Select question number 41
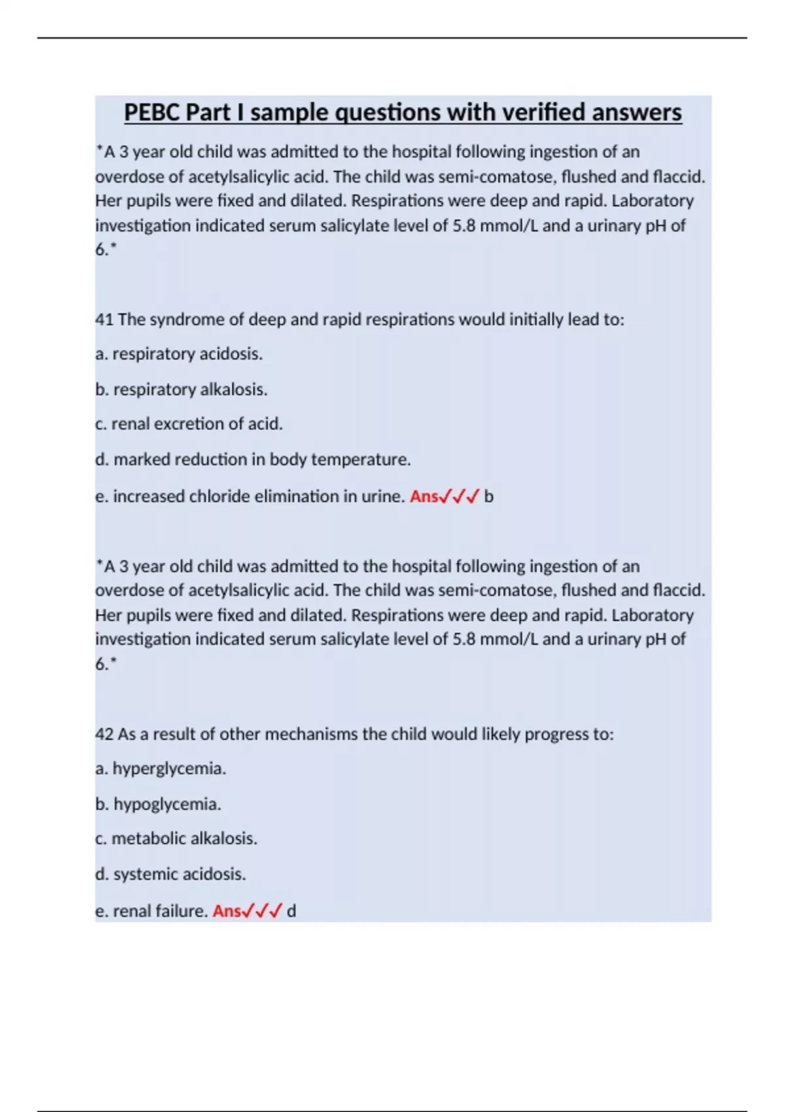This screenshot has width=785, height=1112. [x=104, y=320]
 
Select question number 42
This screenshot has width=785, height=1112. [x=104, y=735]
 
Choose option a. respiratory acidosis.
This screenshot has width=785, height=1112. [x=179, y=354]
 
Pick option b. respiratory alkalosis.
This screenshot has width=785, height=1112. [x=181, y=390]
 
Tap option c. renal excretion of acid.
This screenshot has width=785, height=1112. [x=189, y=424]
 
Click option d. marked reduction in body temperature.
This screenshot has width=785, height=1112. [x=253, y=460]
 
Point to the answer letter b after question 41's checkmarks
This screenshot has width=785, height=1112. [x=489, y=496]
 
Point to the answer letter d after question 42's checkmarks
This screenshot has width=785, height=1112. [x=292, y=911]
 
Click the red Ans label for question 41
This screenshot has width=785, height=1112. [x=424, y=496]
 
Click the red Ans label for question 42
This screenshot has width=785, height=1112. [x=227, y=911]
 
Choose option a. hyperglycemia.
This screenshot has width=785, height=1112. [x=161, y=769]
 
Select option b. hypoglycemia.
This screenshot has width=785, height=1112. [x=158, y=805]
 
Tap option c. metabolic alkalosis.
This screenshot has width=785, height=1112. [x=177, y=839]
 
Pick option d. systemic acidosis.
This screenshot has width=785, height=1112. [x=171, y=875]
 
